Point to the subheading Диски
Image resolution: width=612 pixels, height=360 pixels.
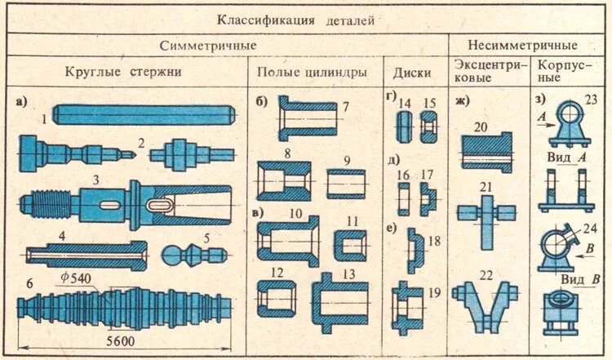pos(411,72)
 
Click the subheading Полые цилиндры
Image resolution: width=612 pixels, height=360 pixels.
pos(311,72)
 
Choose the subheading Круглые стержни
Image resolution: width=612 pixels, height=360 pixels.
pos(122,72)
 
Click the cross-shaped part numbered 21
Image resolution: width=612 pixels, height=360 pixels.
pos(486,217)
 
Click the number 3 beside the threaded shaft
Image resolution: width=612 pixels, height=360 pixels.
pos(96,179)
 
